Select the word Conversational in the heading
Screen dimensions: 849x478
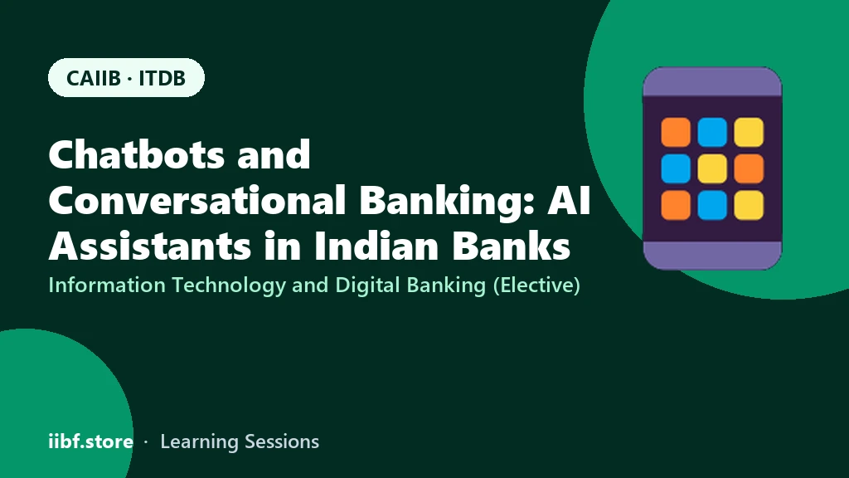tap(197, 200)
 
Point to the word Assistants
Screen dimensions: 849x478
tap(150, 246)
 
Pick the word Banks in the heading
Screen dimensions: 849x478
tap(511, 246)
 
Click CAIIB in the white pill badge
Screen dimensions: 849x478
tap(93, 78)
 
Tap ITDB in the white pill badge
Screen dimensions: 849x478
tap(162, 78)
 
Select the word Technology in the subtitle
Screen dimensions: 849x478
tap(229, 285)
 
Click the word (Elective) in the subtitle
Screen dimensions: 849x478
tap(536, 285)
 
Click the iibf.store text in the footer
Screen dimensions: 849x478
tap(91, 441)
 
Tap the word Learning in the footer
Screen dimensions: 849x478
tap(199, 442)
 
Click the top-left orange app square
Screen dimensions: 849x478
tap(676, 132)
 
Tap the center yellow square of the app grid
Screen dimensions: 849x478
tap(712, 168)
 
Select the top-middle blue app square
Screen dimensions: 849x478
tap(712, 132)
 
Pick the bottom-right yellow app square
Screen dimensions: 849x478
tap(749, 205)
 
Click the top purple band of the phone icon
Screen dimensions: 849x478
tap(712, 82)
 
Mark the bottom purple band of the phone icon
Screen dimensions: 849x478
tap(712, 256)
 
